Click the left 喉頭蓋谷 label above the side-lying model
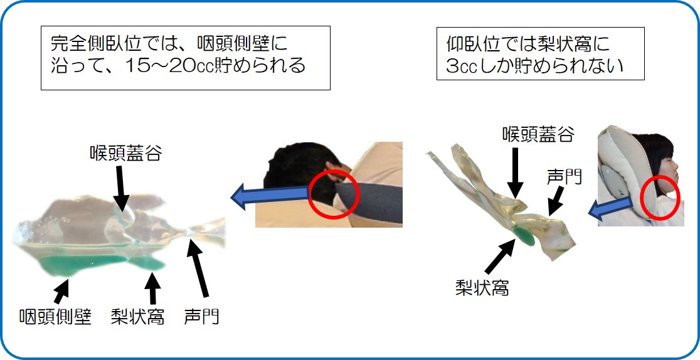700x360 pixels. click(x=125, y=153)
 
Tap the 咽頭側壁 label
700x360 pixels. click(x=55, y=317)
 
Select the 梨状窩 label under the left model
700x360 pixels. click(x=137, y=317)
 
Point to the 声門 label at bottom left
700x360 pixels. click(x=201, y=317)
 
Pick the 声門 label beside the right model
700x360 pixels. click(x=565, y=177)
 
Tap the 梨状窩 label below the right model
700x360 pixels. click(x=482, y=288)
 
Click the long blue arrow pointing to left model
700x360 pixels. click(x=270, y=196)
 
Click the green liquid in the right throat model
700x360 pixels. click(x=524, y=235)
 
